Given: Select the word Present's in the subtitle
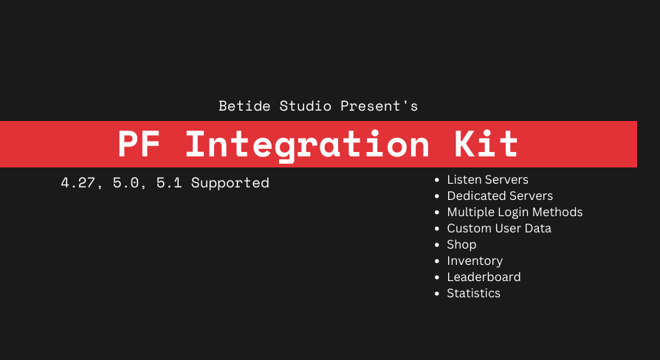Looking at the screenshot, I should (x=379, y=106).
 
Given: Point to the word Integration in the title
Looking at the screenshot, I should (x=307, y=145).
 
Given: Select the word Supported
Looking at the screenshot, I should (x=230, y=182).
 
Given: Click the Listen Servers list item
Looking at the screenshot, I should (x=487, y=179).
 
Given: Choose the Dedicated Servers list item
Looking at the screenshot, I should (x=500, y=195).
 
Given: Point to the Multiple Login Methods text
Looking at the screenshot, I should (x=515, y=212).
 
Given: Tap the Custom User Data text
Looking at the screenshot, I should (x=499, y=228).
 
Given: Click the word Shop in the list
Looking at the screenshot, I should (x=461, y=244).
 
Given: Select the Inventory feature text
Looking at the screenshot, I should (x=475, y=260).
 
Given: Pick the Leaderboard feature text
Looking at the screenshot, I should (x=484, y=277).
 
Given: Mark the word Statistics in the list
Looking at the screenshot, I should (x=473, y=293).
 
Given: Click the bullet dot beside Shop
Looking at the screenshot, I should (x=437, y=245).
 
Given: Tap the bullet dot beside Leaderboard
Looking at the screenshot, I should (x=437, y=277).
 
